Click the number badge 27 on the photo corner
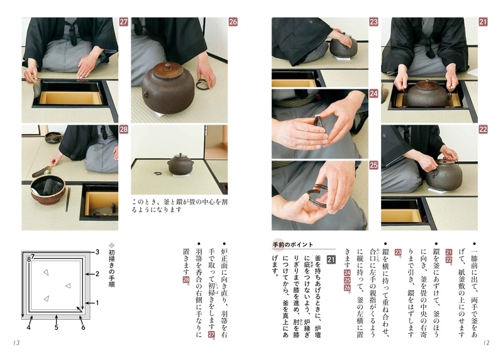click(123, 22)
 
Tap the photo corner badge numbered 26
click(233, 22)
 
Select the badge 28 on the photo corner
click(123, 130)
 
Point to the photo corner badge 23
click(373, 22)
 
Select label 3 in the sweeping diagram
click(97, 252)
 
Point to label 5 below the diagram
click(56, 327)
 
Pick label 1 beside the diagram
click(97, 303)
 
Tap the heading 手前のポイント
click(293, 244)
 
